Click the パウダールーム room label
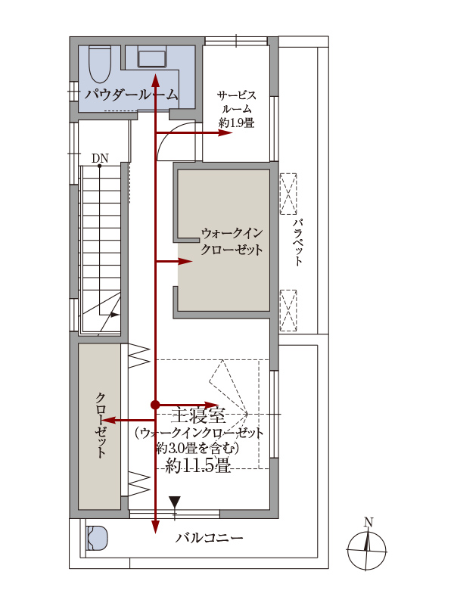tap(132, 95)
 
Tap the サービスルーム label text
tap(236, 102)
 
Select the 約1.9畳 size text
tap(236, 123)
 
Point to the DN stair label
tap(100, 158)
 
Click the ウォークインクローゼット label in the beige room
tap(232, 241)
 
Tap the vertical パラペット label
tap(297, 242)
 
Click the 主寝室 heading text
tap(198, 416)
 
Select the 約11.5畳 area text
tap(197, 466)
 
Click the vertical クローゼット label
tap(101, 425)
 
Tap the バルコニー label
tap(210, 538)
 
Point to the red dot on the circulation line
tap(155, 405)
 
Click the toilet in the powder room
tap(100, 64)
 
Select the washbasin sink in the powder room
tap(152, 58)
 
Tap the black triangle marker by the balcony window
tap(175, 502)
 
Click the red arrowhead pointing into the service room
tap(225, 132)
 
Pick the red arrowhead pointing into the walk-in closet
tap(185, 262)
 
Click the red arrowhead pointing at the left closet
tap(110, 421)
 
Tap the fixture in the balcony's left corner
tap(97, 538)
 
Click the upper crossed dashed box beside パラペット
tap(288, 194)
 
